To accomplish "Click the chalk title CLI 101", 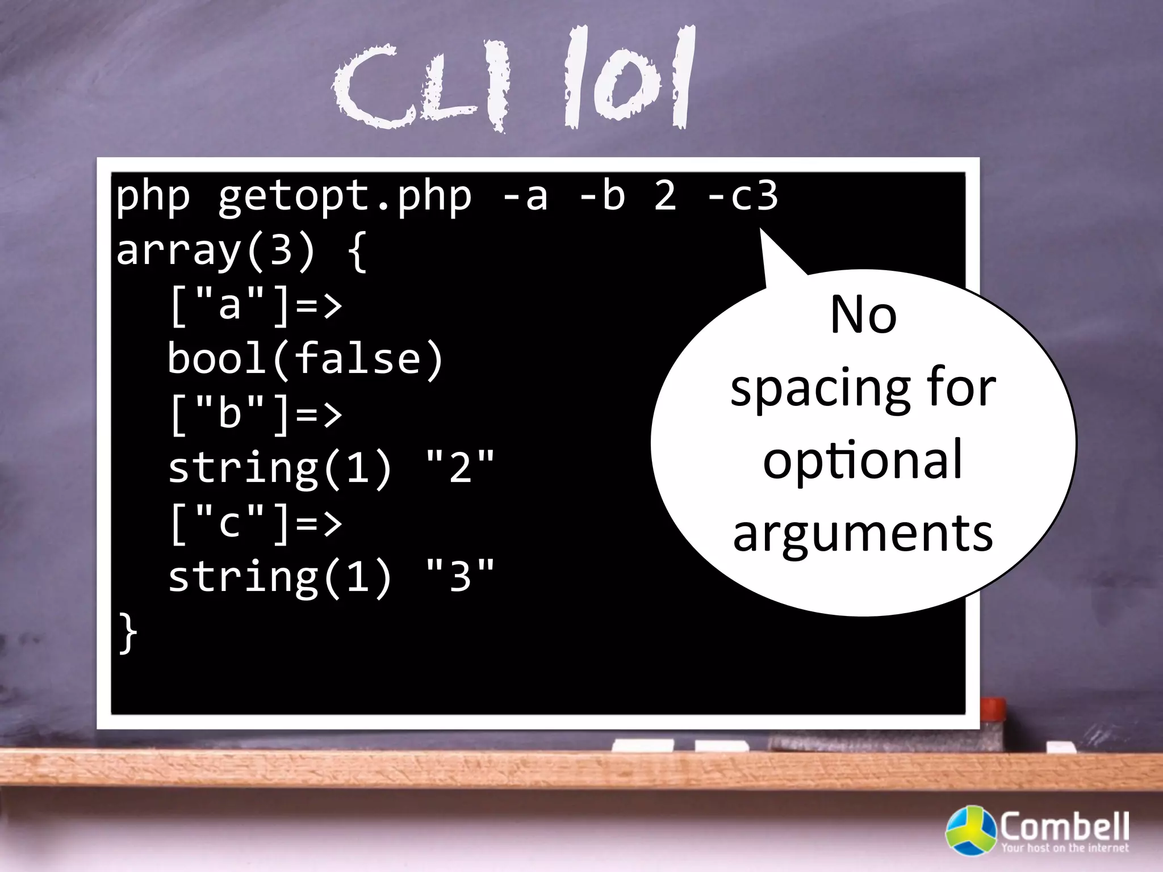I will [514, 79].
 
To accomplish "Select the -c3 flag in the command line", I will [742, 196].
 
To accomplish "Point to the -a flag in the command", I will [525, 196].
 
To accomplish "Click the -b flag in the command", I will [602, 196].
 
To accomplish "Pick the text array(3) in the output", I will [216, 250].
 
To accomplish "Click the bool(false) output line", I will [305, 359].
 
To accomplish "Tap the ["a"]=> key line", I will [256, 305].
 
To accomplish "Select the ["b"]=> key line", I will [256, 414].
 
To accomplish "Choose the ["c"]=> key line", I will [256, 523].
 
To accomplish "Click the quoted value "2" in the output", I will [460, 468].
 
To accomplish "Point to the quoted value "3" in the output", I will [460, 577].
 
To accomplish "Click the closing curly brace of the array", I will [128, 633].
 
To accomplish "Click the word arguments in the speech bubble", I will [863, 534].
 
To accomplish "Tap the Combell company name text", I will [1064, 826].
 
